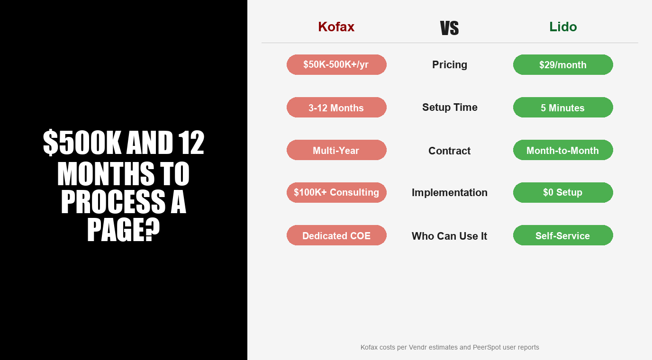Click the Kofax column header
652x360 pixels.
(336, 27)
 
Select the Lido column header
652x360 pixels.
(563, 27)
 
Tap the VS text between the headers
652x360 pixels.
(449, 28)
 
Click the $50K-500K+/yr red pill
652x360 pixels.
(336, 64)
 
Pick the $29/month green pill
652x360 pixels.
(563, 64)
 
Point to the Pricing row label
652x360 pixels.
(449, 64)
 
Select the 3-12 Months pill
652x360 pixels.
(336, 108)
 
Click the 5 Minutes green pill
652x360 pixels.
(563, 108)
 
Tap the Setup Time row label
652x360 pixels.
(449, 108)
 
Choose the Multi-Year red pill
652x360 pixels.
(336, 150)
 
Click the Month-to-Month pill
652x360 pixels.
(563, 150)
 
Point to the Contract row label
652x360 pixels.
(449, 151)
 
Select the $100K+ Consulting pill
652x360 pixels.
(336, 192)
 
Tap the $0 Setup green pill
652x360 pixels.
(563, 192)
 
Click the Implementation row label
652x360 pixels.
(449, 192)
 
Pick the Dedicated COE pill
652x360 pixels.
(336, 235)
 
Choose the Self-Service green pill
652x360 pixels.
(563, 235)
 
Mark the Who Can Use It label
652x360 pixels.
(449, 236)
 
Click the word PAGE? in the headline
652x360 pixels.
(123, 231)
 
